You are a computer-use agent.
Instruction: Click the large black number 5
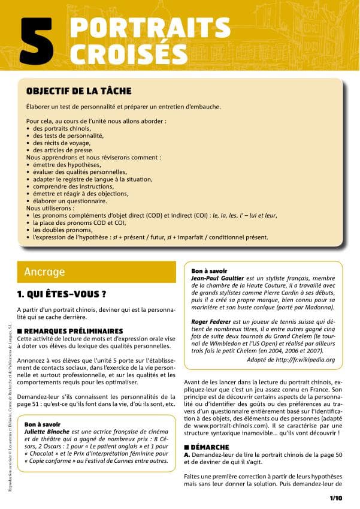coord(40,41)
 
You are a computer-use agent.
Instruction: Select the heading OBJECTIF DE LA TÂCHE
coord(78,91)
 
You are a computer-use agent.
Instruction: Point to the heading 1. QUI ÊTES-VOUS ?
coord(62,294)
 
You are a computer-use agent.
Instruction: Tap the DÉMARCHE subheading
coord(209,447)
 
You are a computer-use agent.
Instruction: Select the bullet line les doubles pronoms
coord(63,230)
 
